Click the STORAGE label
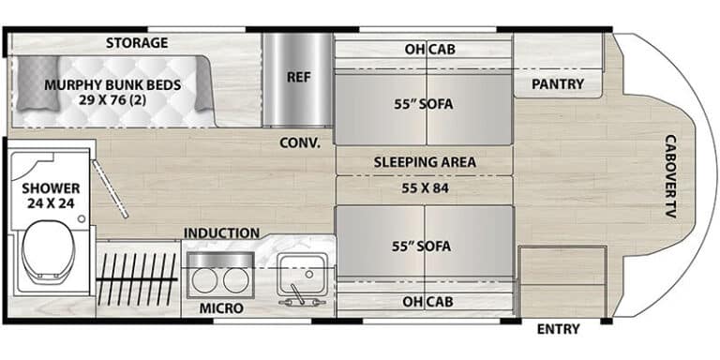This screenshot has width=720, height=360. pos(137,43)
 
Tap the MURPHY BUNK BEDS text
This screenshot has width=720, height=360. pos(112,85)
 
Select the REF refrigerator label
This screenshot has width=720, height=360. pos(298,77)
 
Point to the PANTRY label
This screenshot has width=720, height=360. pos(558,84)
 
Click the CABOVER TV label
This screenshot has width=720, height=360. pos(670,176)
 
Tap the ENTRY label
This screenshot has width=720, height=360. pos(559,329)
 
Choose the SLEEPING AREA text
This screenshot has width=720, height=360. pos(425,162)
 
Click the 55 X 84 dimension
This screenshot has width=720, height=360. pos(425,187)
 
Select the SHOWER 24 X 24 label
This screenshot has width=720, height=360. pos(51,196)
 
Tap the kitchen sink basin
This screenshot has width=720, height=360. pos(302,273)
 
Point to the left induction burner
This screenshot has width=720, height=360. pos(203,280)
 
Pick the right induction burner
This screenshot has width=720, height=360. pos(235,280)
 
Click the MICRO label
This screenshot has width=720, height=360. pos(221,308)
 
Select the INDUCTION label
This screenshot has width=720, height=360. pos(221,233)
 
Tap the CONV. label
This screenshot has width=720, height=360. pos(300,142)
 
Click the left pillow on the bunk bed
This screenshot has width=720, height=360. pos(38,83)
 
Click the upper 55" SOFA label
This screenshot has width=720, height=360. pos(424,104)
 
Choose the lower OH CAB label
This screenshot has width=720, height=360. pos(427,302)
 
